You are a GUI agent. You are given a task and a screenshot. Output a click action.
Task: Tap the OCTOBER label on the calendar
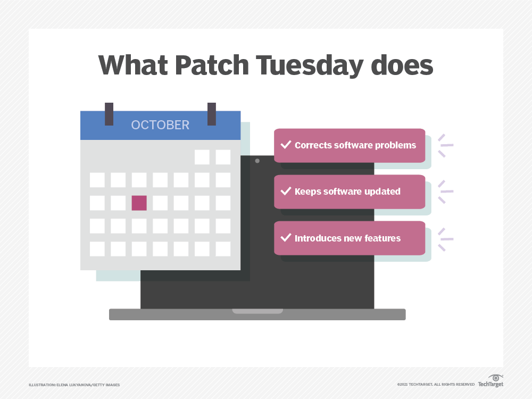tap(160, 125)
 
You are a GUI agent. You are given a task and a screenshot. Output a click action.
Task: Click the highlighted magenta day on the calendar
tap(139, 203)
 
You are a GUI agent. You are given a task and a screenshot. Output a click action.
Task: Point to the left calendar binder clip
tap(109, 114)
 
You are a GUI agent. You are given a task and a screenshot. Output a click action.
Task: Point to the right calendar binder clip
tap(211, 114)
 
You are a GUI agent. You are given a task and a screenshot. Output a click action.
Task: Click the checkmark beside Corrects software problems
tap(286, 145)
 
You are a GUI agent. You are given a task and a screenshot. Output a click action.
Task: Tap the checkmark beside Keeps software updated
tap(286, 191)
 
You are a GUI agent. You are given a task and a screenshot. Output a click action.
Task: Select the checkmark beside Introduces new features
tap(286, 237)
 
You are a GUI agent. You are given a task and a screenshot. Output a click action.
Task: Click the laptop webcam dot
tap(257, 161)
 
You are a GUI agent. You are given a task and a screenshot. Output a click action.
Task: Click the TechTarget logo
tap(491, 380)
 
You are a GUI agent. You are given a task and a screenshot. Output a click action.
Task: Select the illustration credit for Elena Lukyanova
tap(74, 385)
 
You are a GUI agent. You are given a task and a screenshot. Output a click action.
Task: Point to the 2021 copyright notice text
tap(435, 385)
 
